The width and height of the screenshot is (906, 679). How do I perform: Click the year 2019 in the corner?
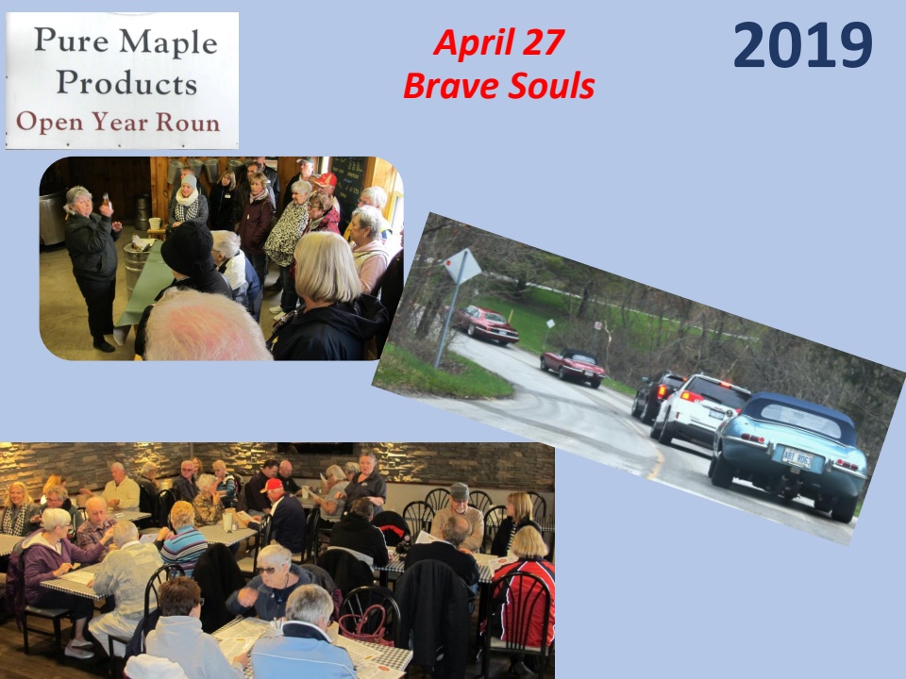tap(802, 45)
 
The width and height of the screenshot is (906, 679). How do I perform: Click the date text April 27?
tap(498, 42)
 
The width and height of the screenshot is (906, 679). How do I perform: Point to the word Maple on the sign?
tap(169, 41)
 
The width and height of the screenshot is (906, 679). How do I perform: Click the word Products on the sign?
tap(127, 82)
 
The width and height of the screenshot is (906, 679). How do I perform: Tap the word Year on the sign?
tap(120, 122)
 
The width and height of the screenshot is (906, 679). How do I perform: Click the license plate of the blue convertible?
tap(797, 458)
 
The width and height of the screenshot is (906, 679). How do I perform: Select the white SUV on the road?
tap(699, 406)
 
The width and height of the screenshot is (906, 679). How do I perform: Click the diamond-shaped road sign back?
tap(462, 266)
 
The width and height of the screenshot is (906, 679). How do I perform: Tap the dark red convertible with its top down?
tap(573, 366)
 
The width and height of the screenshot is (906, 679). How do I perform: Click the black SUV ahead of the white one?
tap(656, 394)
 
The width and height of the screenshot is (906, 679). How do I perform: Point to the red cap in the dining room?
tap(272, 485)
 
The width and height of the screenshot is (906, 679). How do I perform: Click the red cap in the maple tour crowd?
tap(326, 179)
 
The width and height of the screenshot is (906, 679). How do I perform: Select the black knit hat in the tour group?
tap(187, 248)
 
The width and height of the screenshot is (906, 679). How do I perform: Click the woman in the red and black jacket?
tap(524, 595)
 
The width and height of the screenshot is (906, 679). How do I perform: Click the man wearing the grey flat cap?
tap(459, 518)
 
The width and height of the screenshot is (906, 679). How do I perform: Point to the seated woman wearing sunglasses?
tap(269, 583)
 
